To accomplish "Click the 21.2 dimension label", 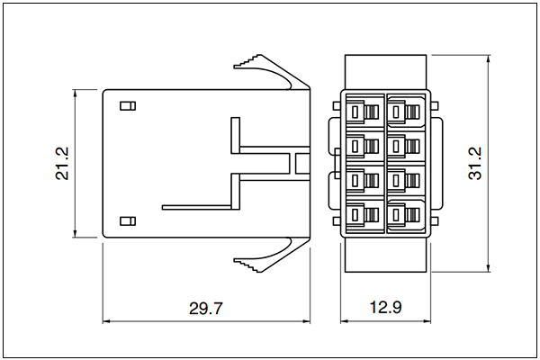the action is pos(62,163).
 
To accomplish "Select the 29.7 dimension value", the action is pos(206,308).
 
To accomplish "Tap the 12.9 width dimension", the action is pos(385,307).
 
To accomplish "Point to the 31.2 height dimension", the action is pos(475,163).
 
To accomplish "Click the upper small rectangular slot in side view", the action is pos(128,106).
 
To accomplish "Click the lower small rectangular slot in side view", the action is pos(128,220).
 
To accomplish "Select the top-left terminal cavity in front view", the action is pos(365,111).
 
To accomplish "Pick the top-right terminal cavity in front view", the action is pos(406,111).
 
